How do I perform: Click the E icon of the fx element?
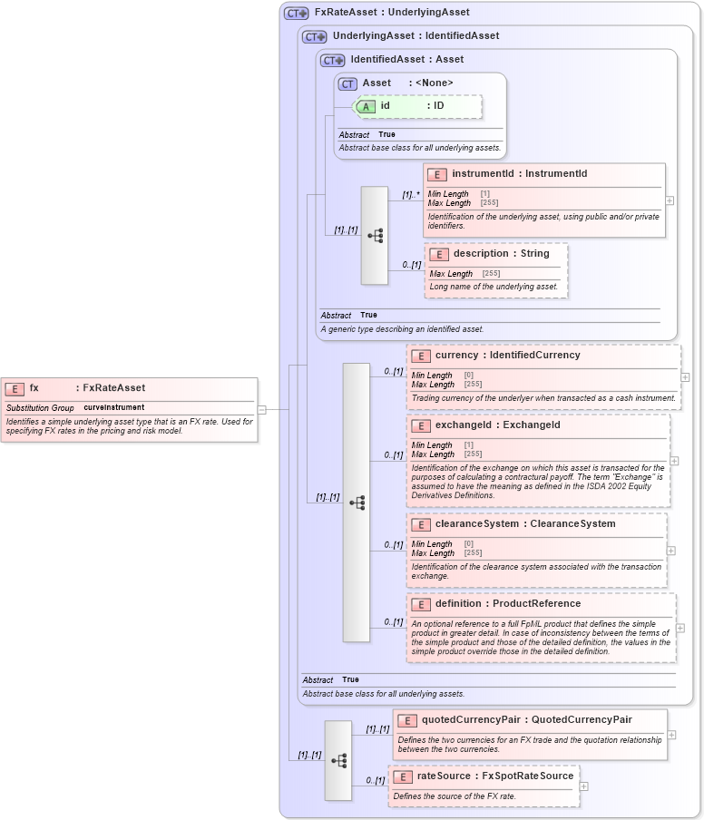click(15, 388)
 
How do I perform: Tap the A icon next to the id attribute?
click(366, 106)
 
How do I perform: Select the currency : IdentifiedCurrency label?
click(507, 356)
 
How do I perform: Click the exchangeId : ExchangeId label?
click(497, 425)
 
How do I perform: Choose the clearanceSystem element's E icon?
click(420, 524)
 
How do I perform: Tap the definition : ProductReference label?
click(507, 604)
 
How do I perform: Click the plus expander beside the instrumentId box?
click(670, 200)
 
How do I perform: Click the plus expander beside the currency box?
click(685, 376)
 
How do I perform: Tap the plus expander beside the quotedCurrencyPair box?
click(671, 736)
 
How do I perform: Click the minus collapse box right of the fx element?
click(261, 409)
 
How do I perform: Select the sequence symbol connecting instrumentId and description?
click(375, 236)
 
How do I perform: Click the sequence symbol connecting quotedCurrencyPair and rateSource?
click(338, 761)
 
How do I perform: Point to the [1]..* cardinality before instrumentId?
click(411, 194)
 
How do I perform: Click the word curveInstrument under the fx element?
click(114, 408)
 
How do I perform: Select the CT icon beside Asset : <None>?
click(347, 83)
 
